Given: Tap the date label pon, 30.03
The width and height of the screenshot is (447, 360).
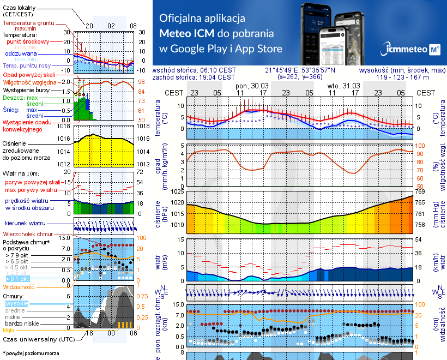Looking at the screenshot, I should point(251,86).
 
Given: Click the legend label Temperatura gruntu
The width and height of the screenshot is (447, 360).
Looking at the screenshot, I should point(29,23).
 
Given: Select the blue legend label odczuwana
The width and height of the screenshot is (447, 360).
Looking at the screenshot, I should point(21,54).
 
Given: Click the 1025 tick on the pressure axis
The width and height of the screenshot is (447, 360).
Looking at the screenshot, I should point(179,191).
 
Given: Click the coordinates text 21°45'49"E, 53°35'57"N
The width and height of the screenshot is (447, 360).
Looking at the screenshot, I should point(300,70).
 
